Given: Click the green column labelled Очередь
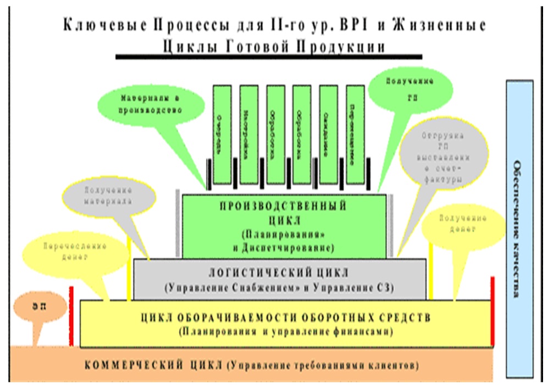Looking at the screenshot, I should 222,133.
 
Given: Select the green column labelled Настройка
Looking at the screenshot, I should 248,133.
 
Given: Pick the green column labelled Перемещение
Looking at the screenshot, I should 355,133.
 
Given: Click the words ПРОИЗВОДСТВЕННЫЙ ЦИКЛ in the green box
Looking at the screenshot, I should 283,213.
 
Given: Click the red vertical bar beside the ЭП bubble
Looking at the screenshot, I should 71,316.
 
